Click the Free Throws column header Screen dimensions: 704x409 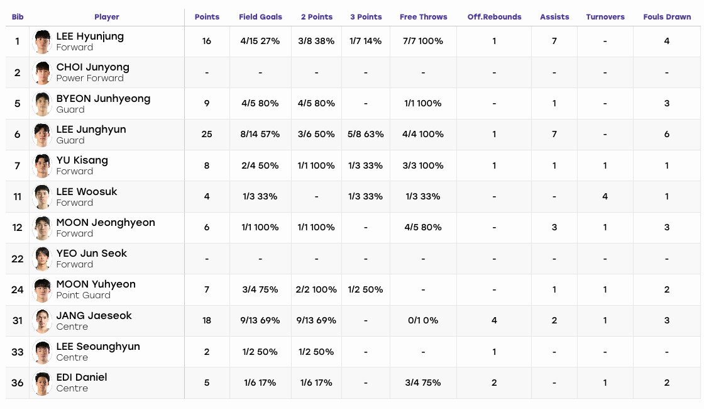point(424,17)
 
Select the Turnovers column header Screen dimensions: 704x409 point(605,17)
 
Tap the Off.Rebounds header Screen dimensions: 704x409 point(494,17)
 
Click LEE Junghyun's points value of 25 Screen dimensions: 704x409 point(207,135)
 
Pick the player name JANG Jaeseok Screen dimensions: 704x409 point(94,315)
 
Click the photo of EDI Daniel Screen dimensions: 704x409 point(42,383)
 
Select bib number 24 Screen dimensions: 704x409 point(18,290)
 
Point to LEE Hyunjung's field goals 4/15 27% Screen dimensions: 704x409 point(260,42)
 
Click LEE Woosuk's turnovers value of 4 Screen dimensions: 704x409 point(605,196)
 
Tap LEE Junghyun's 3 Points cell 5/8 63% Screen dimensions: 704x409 point(365,135)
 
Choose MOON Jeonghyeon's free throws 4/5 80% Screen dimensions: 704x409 point(423,227)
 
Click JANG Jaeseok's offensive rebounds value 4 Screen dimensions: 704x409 point(494,320)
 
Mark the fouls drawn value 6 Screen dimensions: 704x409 point(667,135)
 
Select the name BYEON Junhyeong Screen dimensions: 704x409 point(103,99)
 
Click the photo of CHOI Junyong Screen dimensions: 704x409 point(42,72)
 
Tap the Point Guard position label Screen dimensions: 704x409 point(84,295)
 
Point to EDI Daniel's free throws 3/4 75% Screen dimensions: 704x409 point(423,383)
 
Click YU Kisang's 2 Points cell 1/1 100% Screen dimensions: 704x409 point(316,166)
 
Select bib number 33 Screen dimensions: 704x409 point(18,352)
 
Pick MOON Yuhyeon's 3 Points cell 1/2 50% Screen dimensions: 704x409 point(365,290)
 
